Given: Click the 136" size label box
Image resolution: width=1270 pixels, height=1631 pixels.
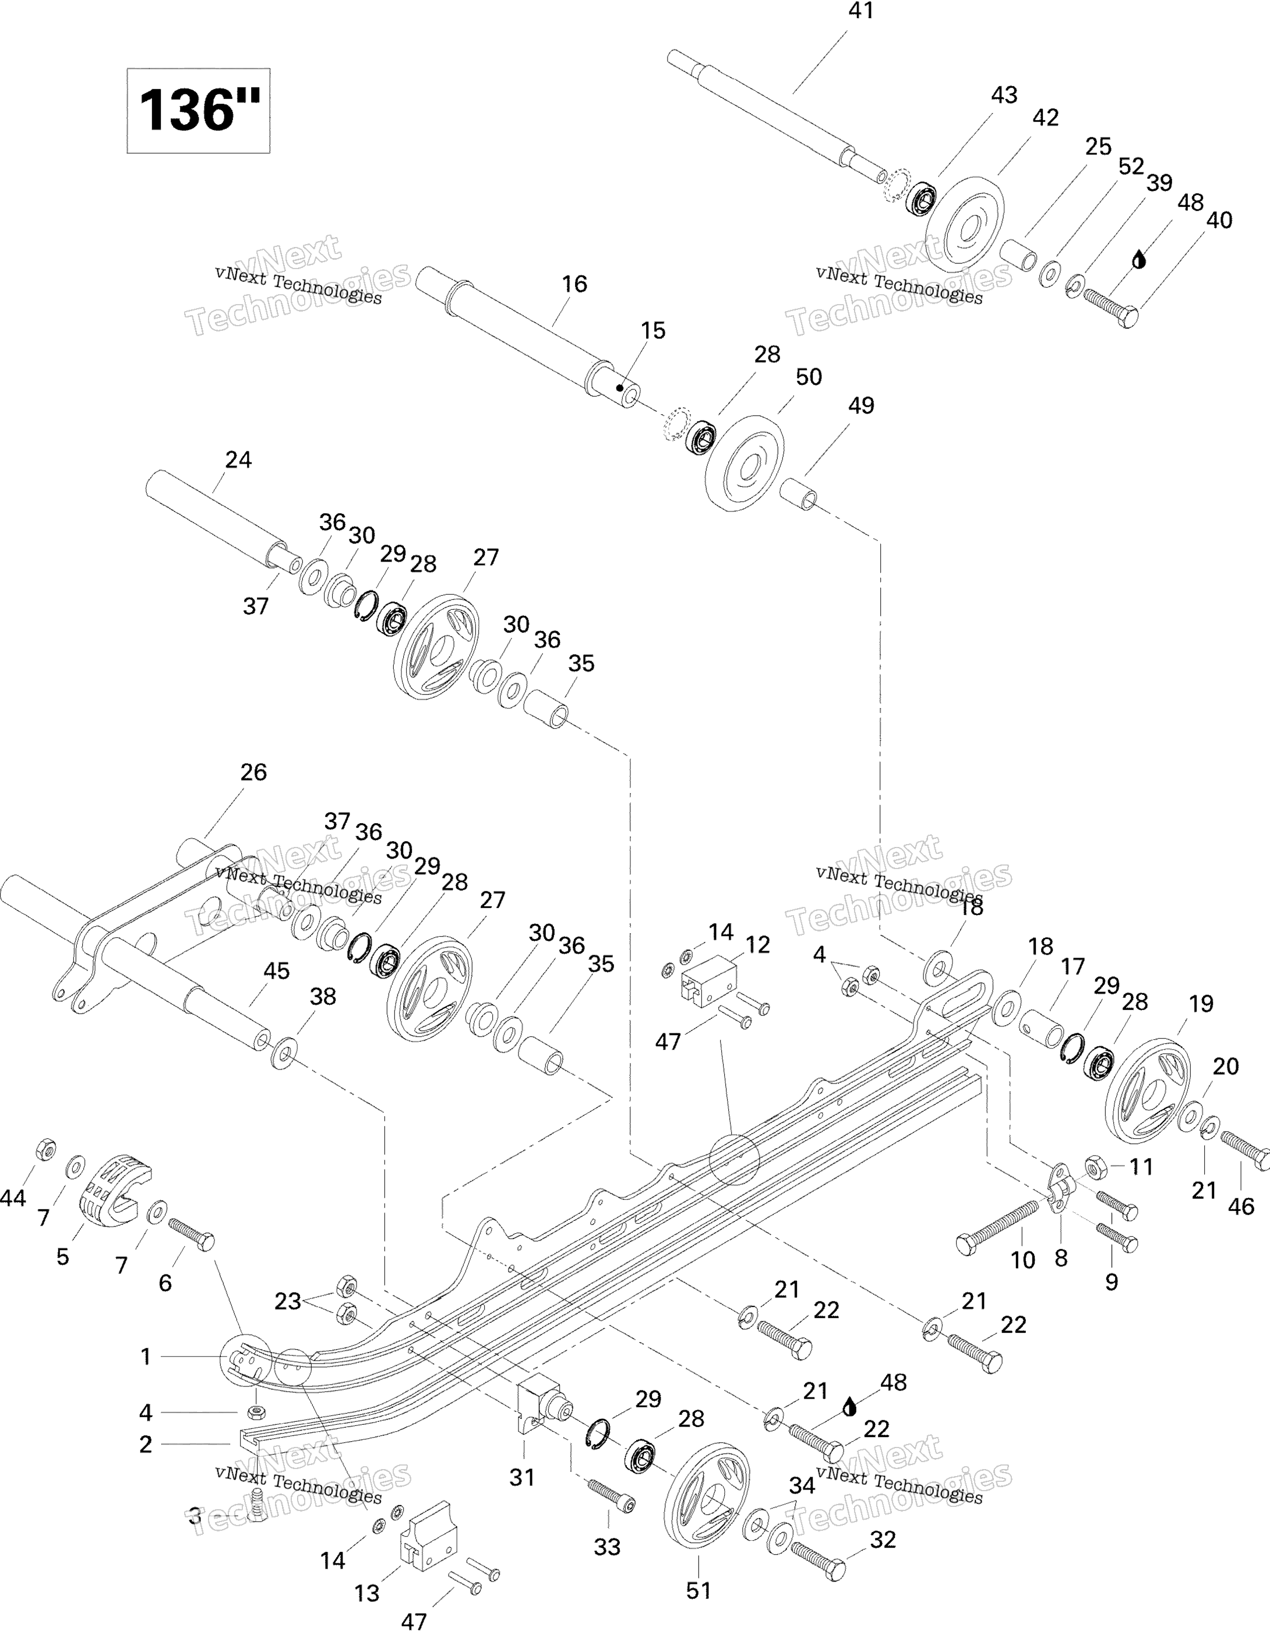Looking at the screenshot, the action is point(198,111).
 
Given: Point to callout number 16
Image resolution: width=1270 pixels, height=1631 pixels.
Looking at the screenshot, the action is point(574,284).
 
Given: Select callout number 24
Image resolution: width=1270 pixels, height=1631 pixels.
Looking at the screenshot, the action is point(238,460).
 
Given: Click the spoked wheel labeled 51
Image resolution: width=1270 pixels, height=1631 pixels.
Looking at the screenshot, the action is point(707,1498).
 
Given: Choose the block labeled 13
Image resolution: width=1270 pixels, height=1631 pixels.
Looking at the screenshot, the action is point(429,1530).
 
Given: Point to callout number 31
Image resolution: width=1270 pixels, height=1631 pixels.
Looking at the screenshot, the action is point(522,1477).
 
